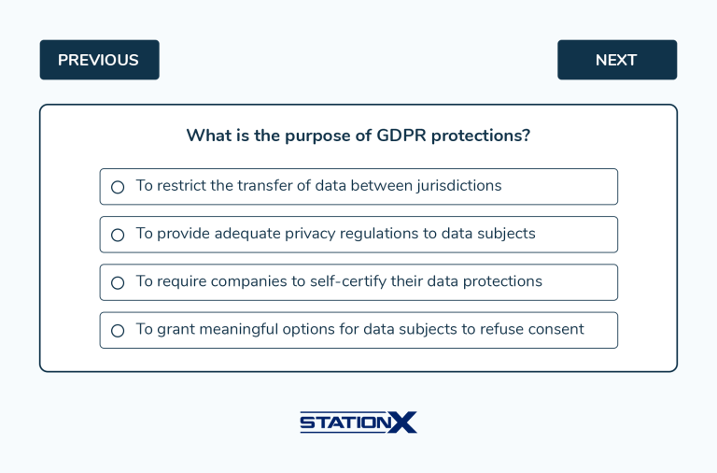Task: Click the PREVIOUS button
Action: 99,60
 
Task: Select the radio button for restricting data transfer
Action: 118,187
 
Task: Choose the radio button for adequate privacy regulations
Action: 118,235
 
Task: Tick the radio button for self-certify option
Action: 118,282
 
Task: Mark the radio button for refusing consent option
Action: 118,330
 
